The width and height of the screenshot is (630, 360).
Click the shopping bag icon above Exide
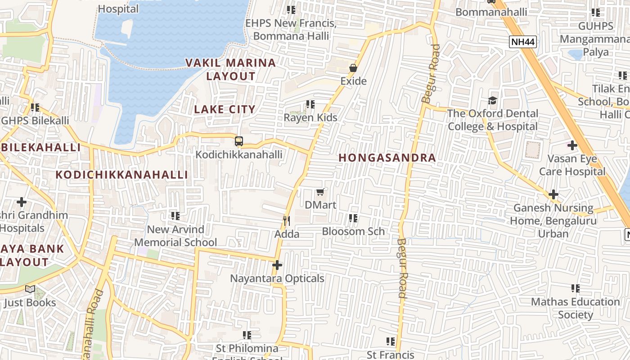[353, 68]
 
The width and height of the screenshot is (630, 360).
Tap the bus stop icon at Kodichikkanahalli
[239, 141]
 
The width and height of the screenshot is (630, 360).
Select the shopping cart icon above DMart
[320, 192]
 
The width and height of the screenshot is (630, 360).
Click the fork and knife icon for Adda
[286, 220]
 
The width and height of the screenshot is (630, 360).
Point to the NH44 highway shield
[523, 42]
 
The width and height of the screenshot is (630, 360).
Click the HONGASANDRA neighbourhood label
[387, 158]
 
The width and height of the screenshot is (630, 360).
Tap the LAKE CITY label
[225, 109]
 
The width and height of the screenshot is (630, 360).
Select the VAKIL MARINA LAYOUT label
[231, 69]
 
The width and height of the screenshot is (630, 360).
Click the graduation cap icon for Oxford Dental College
[492, 100]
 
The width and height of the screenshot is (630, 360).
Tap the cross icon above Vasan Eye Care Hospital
[572, 145]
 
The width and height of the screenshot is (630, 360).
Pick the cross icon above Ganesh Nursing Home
[553, 194]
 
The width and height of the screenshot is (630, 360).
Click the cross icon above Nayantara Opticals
[277, 265]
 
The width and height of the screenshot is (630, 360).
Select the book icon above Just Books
[30, 289]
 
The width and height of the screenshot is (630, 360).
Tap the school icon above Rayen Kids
[310, 104]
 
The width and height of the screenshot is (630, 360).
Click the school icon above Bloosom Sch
[353, 218]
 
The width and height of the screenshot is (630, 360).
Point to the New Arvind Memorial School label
[175, 236]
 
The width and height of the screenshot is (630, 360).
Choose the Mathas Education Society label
[575, 308]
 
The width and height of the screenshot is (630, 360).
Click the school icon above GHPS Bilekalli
[35, 108]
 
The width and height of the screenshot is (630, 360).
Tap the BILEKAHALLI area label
[41, 148]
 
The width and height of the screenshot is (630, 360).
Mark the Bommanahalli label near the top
[491, 12]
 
